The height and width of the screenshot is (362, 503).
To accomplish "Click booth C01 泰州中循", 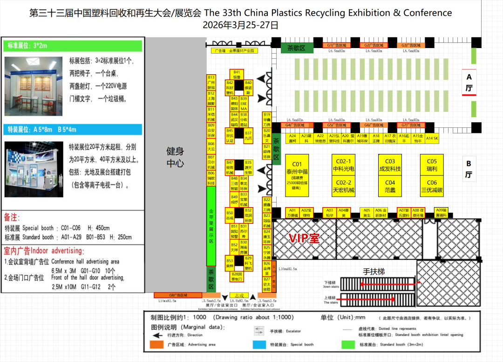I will tap(298, 175).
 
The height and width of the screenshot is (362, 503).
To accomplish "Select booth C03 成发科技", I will tap(390, 166).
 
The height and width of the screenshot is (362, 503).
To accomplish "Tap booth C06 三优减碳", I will tap(432, 186).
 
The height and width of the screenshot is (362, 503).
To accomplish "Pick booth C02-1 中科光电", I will tap(344, 166).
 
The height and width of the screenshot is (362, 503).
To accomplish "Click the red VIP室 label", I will tap(304, 238).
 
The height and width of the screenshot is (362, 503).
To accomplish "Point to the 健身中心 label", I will tap(175, 157).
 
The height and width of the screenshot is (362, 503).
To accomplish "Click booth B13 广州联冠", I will tap(211, 83).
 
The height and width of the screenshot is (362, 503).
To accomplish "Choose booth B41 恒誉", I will tap(237, 74).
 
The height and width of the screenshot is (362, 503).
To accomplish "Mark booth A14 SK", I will tap(432, 138).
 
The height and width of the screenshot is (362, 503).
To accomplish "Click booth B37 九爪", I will tap(248, 135).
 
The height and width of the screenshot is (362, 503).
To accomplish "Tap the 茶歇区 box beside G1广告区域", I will tap(296, 48).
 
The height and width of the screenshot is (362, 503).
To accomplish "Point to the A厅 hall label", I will tap(469, 82).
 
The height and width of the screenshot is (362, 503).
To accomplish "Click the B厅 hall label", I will tap(469, 169).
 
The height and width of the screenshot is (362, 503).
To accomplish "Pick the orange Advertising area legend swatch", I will tap(154, 345).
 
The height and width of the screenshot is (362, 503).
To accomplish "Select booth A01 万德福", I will tap(292, 213).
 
